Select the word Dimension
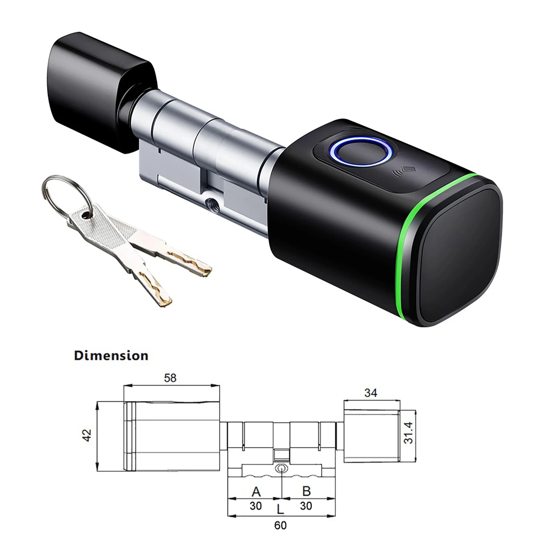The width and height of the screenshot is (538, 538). click(111, 356)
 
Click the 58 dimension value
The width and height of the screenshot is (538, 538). click(170, 378)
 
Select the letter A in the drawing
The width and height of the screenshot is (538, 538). click(256, 492)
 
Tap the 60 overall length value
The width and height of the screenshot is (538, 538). click(280, 525)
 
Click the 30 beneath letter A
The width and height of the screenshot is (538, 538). click(256, 506)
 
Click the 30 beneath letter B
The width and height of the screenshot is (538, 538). click(306, 506)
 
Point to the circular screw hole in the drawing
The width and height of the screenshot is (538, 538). click(281, 468)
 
